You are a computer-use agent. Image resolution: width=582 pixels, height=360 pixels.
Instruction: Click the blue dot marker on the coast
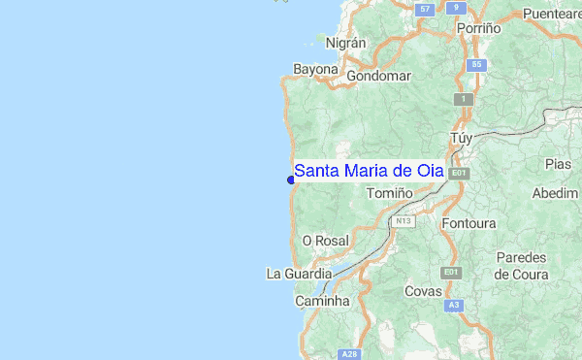291,180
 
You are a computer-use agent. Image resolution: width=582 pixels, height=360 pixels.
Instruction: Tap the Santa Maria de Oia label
369,171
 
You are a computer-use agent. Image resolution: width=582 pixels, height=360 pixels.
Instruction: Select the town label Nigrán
345,43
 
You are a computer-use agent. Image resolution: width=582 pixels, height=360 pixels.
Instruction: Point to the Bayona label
315,70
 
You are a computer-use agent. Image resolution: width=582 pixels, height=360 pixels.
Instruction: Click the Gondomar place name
379,74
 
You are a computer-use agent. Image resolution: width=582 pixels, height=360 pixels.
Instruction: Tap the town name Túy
462,139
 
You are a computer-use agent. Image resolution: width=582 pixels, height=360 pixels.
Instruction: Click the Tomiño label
390,194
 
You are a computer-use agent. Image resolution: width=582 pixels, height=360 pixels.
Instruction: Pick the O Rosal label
325,241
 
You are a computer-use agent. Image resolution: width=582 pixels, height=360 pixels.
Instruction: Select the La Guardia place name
299,275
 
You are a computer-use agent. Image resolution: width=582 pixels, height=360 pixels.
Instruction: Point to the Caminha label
321,302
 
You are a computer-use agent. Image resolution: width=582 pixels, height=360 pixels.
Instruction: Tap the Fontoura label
468,223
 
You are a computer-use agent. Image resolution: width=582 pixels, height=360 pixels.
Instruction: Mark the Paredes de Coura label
521,265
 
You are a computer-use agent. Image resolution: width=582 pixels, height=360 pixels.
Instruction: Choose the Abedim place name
555,194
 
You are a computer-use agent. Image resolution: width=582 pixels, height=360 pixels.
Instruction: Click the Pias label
558,164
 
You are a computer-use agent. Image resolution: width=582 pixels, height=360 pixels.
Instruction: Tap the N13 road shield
404,222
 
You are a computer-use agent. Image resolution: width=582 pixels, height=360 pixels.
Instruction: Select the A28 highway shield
349,355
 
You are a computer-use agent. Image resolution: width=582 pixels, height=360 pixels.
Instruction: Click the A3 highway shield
453,306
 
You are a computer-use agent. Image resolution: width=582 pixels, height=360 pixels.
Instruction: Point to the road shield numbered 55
475,65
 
